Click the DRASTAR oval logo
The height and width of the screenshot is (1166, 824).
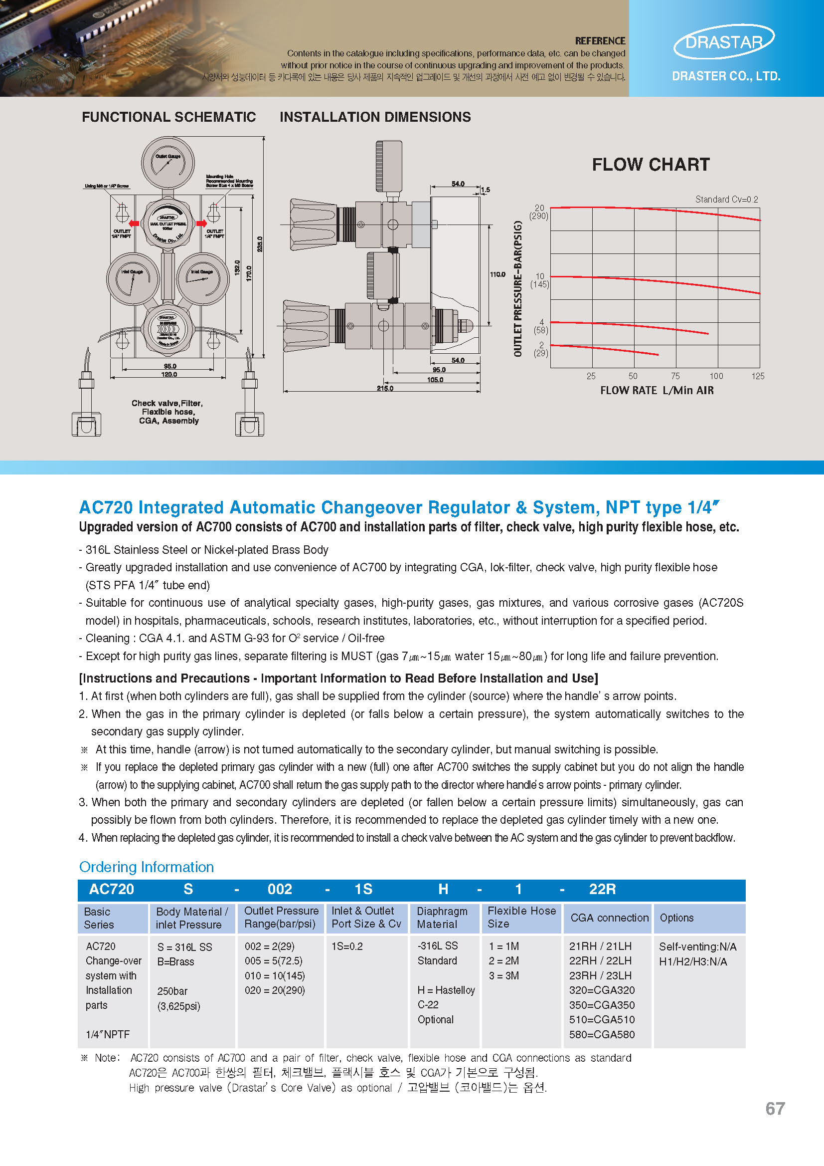pyautogui.click(x=723, y=41)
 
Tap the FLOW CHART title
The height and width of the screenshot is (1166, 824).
pyautogui.click(x=651, y=165)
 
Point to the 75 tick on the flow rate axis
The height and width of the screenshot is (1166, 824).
pyautogui.click(x=675, y=376)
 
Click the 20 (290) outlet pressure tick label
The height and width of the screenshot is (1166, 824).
pyautogui.click(x=539, y=212)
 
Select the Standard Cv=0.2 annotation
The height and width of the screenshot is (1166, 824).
pyautogui.click(x=726, y=200)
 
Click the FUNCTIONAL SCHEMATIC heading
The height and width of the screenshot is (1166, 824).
pyautogui.click(x=168, y=117)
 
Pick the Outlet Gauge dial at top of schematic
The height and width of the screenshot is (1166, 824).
pyautogui.click(x=167, y=162)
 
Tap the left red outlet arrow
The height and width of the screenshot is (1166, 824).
pyautogui.click(x=134, y=224)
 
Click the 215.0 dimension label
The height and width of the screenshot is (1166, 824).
pyautogui.click(x=385, y=389)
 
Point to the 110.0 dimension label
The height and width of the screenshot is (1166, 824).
pyautogui.click(x=497, y=275)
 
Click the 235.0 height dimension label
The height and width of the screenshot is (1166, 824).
pyautogui.click(x=260, y=244)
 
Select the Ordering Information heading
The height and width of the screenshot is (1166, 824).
pyautogui.click(x=146, y=867)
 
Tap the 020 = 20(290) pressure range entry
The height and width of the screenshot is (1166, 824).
pyautogui.click(x=275, y=990)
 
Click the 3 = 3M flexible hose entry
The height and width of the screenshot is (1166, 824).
pyautogui.click(x=503, y=975)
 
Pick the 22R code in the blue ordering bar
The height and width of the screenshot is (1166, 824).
pyautogui.click(x=602, y=889)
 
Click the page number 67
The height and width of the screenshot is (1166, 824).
pyautogui.click(x=775, y=1109)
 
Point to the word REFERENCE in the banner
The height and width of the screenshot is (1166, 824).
pyautogui.click(x=600, y=40)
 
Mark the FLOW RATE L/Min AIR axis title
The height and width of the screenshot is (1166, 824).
pyautogui.click(x=657, y=391)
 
